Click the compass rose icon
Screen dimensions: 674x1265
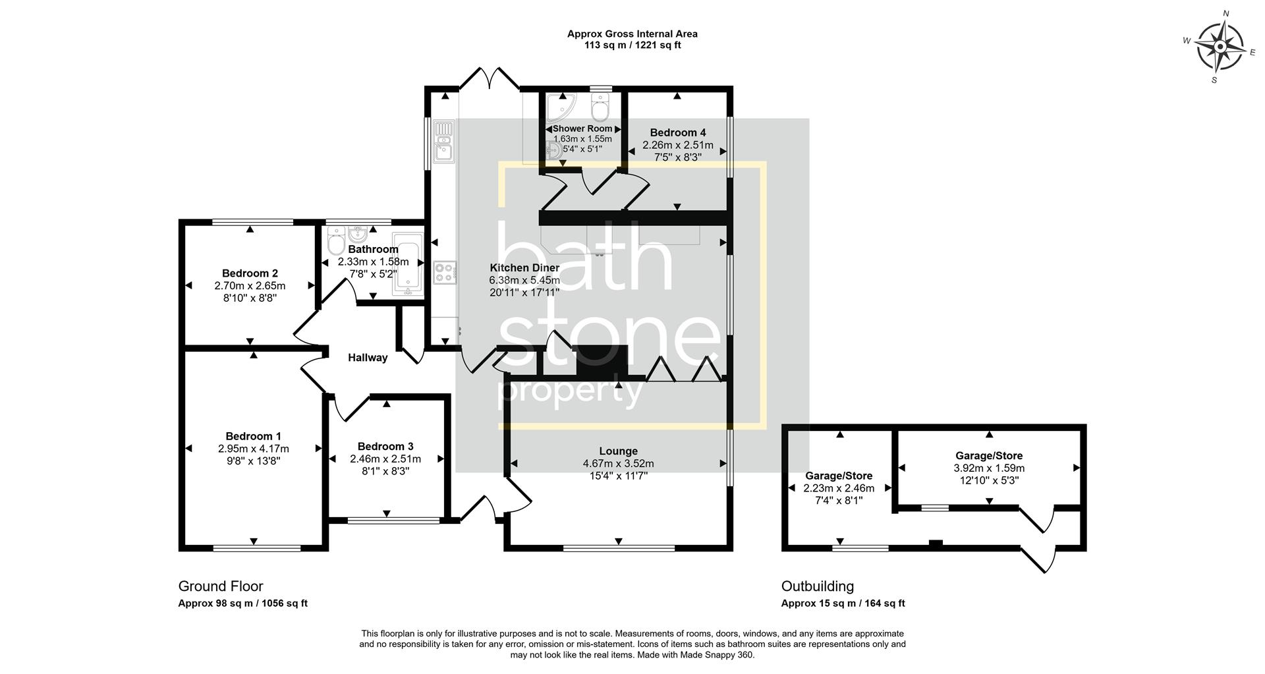(x=1220, y=47)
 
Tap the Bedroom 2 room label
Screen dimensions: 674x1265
(x=250, y=273)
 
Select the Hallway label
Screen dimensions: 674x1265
(x=368, y=358)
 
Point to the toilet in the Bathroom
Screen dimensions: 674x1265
(x=335, y=242)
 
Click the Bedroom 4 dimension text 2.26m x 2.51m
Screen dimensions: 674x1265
(x=677, y=145)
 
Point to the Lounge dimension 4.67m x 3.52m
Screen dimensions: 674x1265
(x=618, y=464)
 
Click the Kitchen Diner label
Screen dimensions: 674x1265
(x=524, y=267)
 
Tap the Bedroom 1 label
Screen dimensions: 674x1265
(x=253, y=436)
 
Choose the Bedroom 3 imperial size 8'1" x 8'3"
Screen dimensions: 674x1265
(x=385, y=471)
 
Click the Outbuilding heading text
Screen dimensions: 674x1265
(x=817, y=586)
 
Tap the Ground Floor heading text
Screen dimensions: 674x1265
(x=221, y=586)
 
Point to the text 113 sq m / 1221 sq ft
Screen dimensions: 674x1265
(x=632, y=45)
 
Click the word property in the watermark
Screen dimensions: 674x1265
(x=571, y=393)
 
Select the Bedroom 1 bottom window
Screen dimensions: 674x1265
(x=256, y=548)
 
